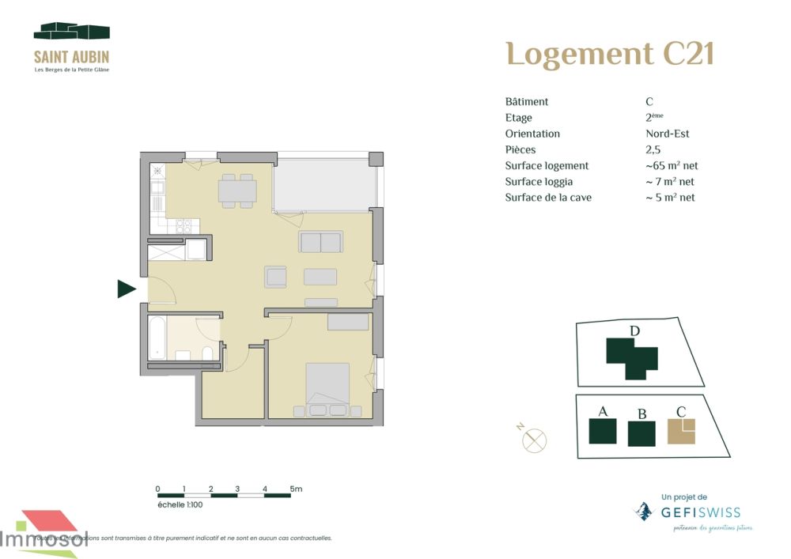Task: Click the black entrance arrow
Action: [127, 289]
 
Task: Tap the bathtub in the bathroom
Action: [157, 338]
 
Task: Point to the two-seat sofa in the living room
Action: [320, 242]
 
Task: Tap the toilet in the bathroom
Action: [207, 353]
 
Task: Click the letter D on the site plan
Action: [634, 330]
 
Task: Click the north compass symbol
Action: [535, 440]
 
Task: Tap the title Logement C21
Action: [609, 54]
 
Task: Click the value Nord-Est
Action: [668, 134]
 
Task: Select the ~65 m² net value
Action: [672, 166]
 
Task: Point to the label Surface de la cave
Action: [548, 198]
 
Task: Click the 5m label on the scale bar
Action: [296, 489]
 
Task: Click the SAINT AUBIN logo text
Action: [71, 57]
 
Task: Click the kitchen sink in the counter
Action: [157, 188]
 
